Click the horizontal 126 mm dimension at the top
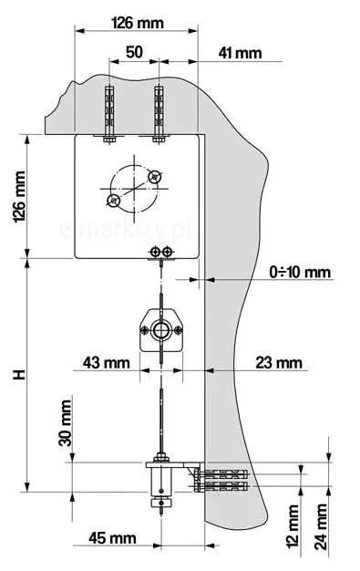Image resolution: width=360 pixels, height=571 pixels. (x=138, y=24)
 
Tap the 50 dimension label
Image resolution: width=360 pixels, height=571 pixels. (x=134, y=52)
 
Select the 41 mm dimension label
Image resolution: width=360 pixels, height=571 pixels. (x=240, y=53)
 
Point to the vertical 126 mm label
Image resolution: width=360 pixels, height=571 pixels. (x=20, y=197)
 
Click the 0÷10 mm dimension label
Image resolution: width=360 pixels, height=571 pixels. (x=300, y=272)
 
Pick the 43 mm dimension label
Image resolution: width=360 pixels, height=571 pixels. (x=107, y=363)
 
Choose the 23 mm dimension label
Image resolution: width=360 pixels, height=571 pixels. (x=279, y=363)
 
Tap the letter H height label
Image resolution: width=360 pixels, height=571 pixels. (x=19, y=374)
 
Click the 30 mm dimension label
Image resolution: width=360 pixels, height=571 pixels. (x=66, y=423)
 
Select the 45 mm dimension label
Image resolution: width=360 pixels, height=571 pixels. (x=112, y=538)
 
